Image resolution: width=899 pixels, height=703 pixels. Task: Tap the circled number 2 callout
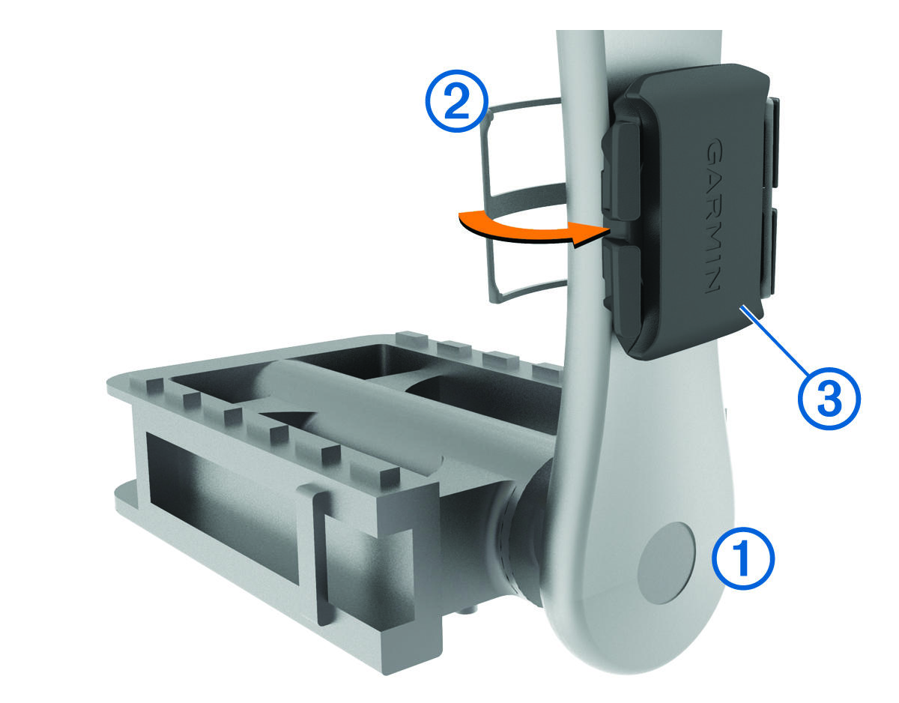click(x=457, y=101)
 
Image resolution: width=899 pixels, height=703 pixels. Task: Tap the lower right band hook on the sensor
click(x=766, y=253)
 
